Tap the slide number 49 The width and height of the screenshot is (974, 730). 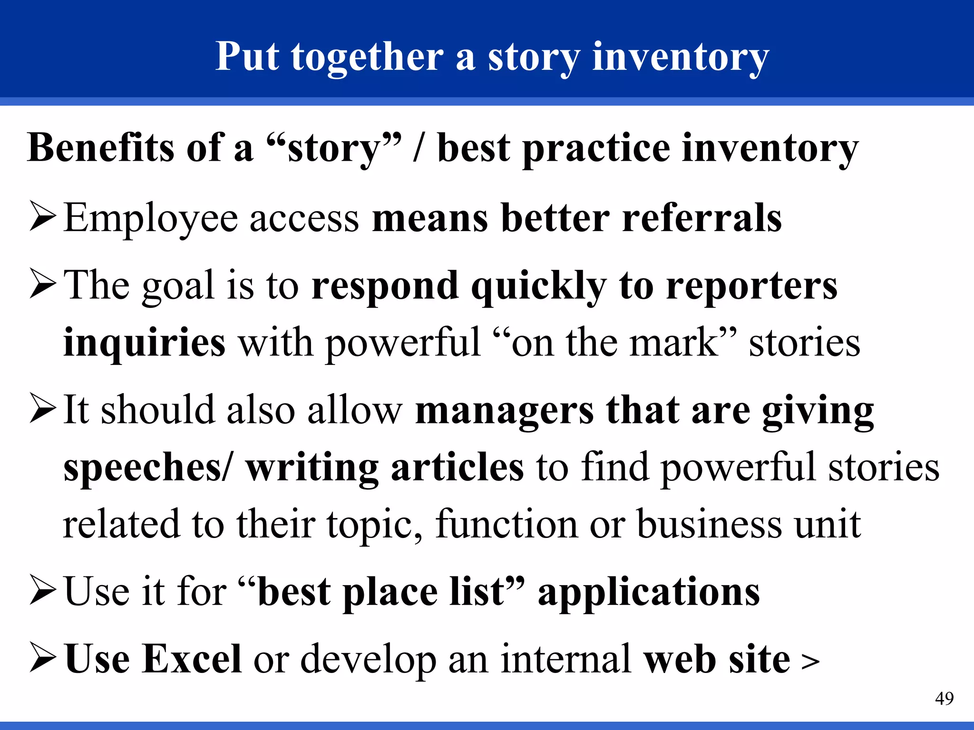pos(944,699)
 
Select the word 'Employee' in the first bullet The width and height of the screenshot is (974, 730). pos(150,219)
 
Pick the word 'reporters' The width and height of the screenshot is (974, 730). pos(751,286)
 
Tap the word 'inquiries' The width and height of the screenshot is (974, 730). pos(144,343)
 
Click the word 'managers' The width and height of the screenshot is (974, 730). pos(504,411)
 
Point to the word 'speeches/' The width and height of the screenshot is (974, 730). pos(149,468)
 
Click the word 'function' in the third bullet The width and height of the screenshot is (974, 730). pos(506,524)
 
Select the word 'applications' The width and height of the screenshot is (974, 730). pos(649,593)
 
